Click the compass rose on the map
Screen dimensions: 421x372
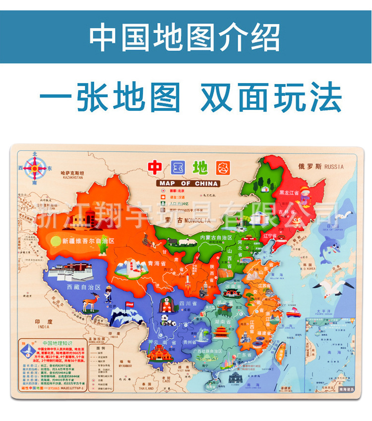(34, 168)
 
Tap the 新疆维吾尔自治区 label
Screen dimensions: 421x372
(88, 241)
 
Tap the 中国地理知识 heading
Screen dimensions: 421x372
(59, 342)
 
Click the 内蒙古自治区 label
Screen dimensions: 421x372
(217, 238)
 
